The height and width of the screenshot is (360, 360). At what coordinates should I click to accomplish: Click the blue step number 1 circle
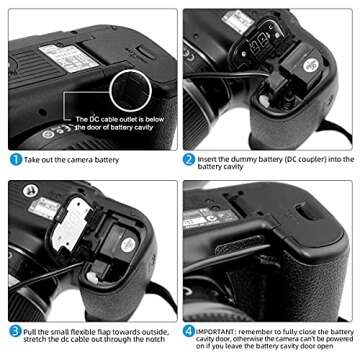click(x=16, y=158)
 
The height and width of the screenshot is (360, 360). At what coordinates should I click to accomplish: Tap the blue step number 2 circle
click(x=188, y=158)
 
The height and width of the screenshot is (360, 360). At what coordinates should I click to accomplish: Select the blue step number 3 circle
click(x=16, y=330)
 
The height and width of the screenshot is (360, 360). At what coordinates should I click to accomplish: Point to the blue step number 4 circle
click(x=188, y=330)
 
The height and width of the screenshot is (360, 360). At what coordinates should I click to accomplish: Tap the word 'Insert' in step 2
click(x=208, y=158)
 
